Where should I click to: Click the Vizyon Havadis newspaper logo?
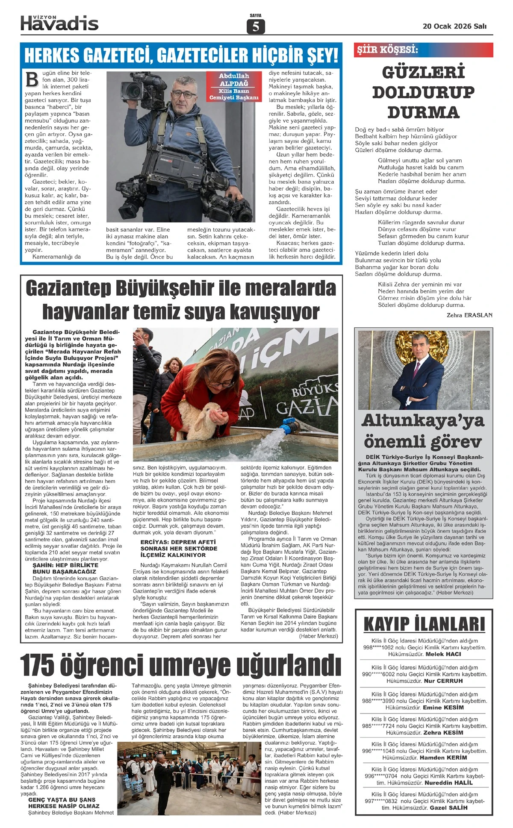point(59,22)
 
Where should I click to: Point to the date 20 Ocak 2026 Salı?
point(454,26)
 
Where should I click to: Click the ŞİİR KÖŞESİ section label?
point(387,50)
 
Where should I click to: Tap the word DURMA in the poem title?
point(423,112)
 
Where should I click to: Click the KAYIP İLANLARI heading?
point(424,624)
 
